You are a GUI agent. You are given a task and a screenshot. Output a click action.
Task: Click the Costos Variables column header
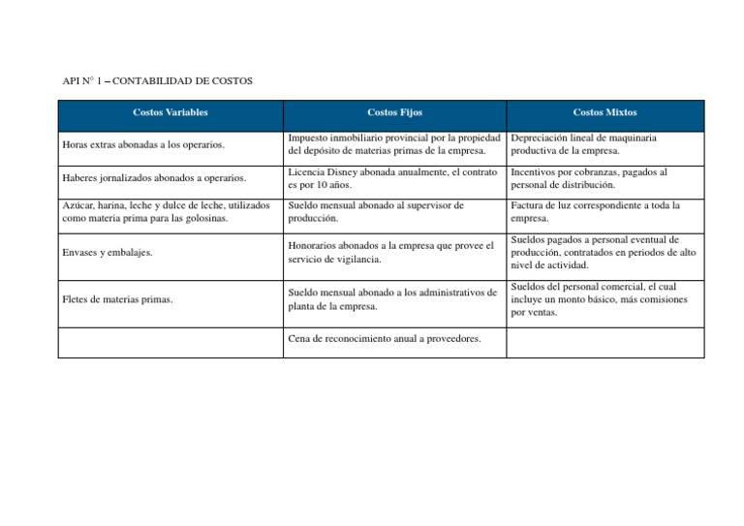(170, 112)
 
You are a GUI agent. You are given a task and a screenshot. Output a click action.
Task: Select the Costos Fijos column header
(394, 112)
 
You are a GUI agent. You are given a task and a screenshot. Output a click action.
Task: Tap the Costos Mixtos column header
(604, 112)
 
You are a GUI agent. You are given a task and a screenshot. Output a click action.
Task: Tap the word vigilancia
(355, 259)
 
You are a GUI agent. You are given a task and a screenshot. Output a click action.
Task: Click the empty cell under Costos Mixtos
(604, 343)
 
